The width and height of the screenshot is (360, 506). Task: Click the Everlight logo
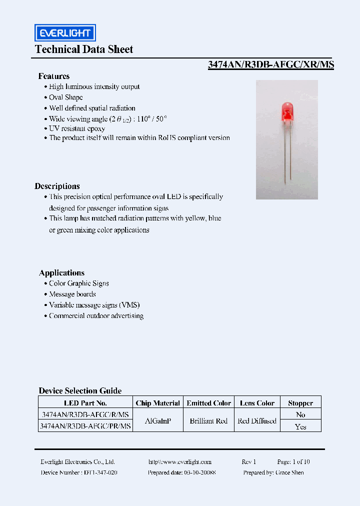[65, 33]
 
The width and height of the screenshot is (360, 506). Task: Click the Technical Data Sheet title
[84, 49]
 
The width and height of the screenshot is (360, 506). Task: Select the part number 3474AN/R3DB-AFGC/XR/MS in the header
[270, 64]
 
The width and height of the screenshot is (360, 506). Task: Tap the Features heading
[54, 76]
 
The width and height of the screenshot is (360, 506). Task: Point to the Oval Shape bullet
[66, 97]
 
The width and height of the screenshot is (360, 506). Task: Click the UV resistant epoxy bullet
[77, 128]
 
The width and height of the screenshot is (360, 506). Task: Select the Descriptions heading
[57, 186]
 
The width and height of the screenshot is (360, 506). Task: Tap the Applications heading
[61, 272]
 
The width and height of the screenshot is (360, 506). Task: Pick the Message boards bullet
[72, 294]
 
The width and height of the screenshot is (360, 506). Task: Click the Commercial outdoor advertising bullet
[96, 316]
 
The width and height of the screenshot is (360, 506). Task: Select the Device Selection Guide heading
[80, 390]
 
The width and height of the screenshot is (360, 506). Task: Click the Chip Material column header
[157, 403]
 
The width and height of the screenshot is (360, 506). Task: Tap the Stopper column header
[300, 403]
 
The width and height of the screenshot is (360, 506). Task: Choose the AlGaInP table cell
[157, 421]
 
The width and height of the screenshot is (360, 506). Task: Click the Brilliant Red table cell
[208, 421]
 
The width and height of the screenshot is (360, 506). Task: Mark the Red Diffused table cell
[257, 421]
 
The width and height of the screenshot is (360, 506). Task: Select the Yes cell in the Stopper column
[300, 426]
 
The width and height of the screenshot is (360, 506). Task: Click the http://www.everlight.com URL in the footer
[180, 462]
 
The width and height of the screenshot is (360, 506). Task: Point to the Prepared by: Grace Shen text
[273, 472]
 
